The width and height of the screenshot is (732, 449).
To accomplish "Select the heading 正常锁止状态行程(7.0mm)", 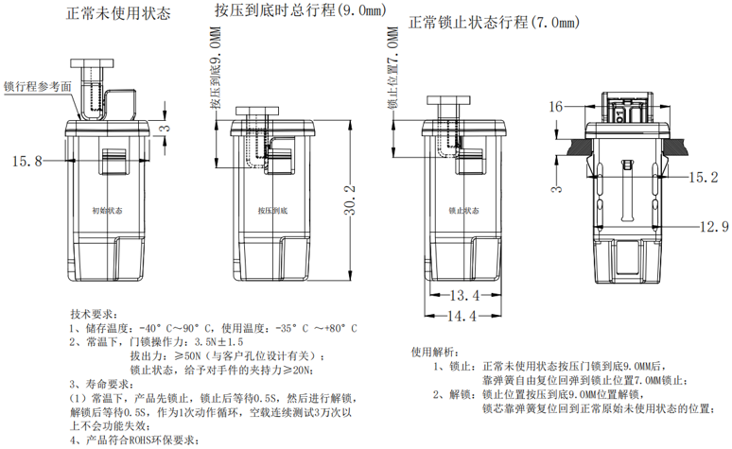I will [x=493, y=23].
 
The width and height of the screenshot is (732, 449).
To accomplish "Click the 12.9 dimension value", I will [x=713, y=227].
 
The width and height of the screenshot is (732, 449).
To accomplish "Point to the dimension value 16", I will [x=555, y=106].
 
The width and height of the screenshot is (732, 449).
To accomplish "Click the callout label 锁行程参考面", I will [x=37, y=85].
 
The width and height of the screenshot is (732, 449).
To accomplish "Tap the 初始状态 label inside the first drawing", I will [x=108, y=212].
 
